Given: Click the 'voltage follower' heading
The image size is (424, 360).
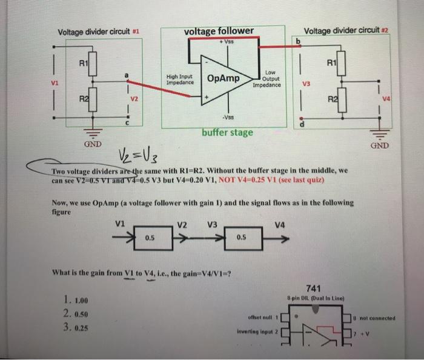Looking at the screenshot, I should (x=218, y=31).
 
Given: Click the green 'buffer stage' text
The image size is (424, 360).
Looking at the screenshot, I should (x=228, y=132).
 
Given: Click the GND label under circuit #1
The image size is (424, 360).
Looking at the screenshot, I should (x=93, y=145).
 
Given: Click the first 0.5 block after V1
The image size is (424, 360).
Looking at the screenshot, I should (x=149, y=238).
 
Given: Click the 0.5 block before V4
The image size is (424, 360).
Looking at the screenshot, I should (x=241, y=238).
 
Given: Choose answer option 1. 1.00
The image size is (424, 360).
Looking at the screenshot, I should (x=76, y=301).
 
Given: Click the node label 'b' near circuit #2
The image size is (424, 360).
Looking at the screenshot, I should (x=297, y=41).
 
